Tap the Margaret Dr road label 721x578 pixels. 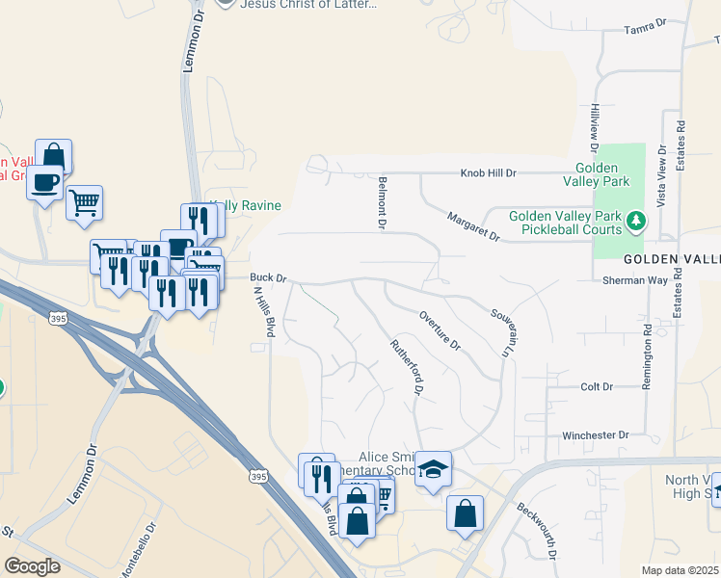pyautogui.click(x=473, y=226)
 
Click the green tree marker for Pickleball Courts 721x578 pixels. pyautogui.click(x=635, y=223)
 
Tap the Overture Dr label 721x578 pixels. pyautogui.click(x=441, y=330)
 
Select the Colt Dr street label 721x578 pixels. pyautogui.click(x=597, y=386)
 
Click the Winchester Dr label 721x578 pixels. pyautogui.click(x=596, y=435)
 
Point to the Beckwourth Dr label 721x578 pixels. pyautogui.click(x=537, y=532)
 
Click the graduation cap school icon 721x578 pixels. pyautogui.click(x=434, y=469)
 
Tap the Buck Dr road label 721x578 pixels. pyautogui.click(x=269, y=278)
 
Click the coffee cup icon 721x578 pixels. pyautogui.click(x=44, y=182)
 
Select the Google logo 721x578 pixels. pyautogui.click(x=32, y=565)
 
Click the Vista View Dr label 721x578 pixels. pyautogui.click(x=661, y=171)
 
